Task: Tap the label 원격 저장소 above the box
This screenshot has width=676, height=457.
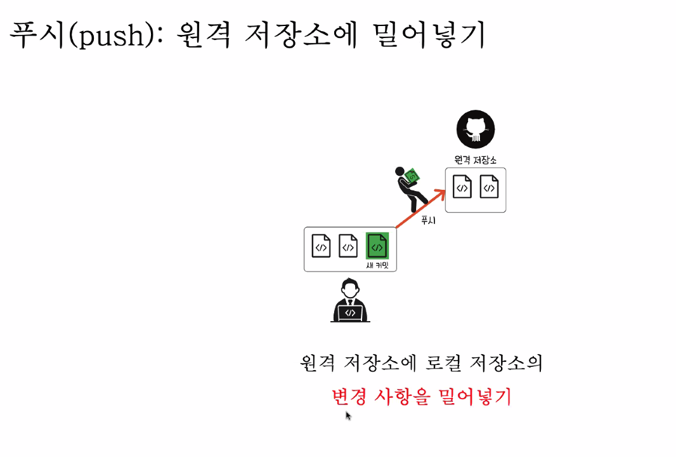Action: pos(476,159)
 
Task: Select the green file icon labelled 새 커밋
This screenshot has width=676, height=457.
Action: pos(377,246)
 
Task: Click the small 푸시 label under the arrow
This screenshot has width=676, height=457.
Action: pos(428,221)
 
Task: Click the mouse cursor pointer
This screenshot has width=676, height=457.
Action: pos(348,415)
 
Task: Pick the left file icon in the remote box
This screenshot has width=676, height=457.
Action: pos(462,187)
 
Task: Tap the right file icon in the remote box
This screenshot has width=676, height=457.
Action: pos(489,187)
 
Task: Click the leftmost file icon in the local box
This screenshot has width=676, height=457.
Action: pos(322,246)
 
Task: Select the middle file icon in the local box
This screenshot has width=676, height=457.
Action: pos(348,246)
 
